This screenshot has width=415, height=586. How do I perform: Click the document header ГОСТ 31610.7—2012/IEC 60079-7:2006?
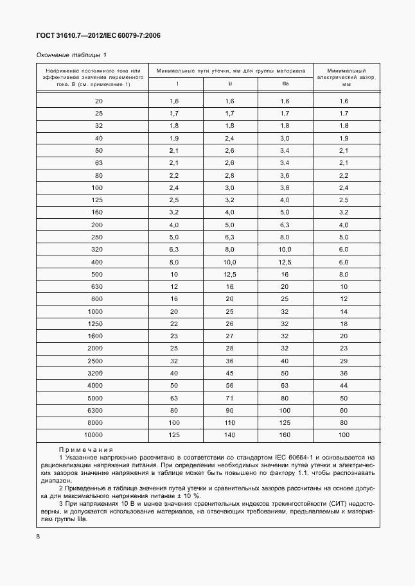coord(98,36)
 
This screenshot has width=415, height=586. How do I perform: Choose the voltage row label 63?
coord(98,162)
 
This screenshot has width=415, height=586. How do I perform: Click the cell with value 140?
coord(230,435)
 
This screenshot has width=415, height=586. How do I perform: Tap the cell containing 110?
coord(230,422)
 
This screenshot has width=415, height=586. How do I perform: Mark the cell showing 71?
coord(230,397)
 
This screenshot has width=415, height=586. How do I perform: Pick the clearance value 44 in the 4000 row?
coord(344,385)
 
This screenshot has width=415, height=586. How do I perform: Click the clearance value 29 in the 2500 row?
coord(344,361)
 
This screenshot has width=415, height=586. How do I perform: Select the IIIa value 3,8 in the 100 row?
coord(285,187)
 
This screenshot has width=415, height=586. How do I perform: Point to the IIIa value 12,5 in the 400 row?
coord(285,262)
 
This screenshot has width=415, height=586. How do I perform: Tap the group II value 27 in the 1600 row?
coord(230,336)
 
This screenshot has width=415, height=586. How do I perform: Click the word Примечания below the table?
coord(86,450)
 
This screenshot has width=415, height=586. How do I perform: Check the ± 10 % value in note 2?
coord(188,496)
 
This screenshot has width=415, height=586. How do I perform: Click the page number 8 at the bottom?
coord(38,535)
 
